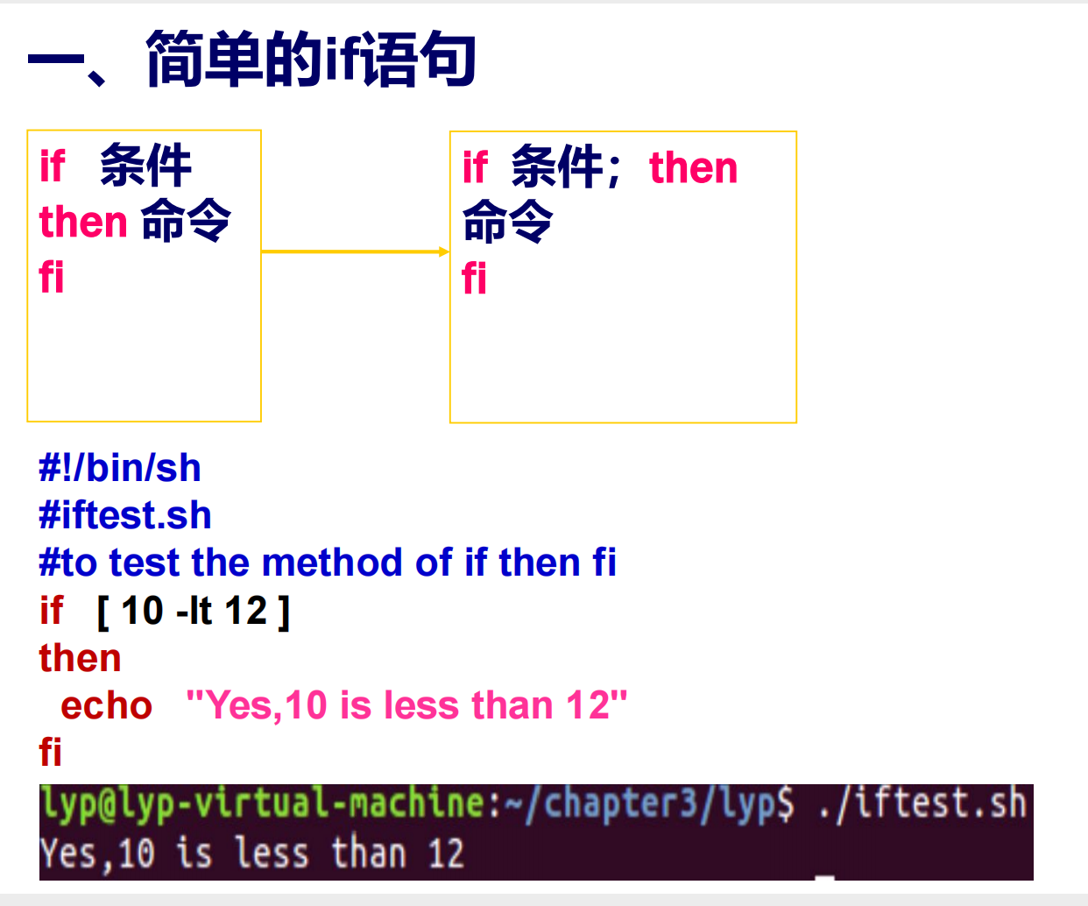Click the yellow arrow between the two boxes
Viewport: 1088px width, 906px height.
pos(355,251)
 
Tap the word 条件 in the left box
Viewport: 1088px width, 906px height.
pos(145,166)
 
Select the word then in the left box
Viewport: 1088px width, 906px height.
pos(83,222)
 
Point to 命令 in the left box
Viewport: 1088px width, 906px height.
pos(186,220)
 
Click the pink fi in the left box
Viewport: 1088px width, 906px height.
pos(52,277)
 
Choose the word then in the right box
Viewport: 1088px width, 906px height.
pos(693,167)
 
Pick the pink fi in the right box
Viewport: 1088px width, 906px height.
pos(474,278)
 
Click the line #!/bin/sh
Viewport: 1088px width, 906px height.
pos(120,468)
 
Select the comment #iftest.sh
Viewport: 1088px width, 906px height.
pos(125,515)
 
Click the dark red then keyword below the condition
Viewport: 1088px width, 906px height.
pos(80,658)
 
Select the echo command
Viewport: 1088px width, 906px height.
pos(106,705)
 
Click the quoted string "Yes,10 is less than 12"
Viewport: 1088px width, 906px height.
pos(406,705)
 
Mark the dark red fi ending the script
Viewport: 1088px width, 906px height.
pos(51,752)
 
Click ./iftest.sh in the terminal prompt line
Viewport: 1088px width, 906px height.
pos(922,803)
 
